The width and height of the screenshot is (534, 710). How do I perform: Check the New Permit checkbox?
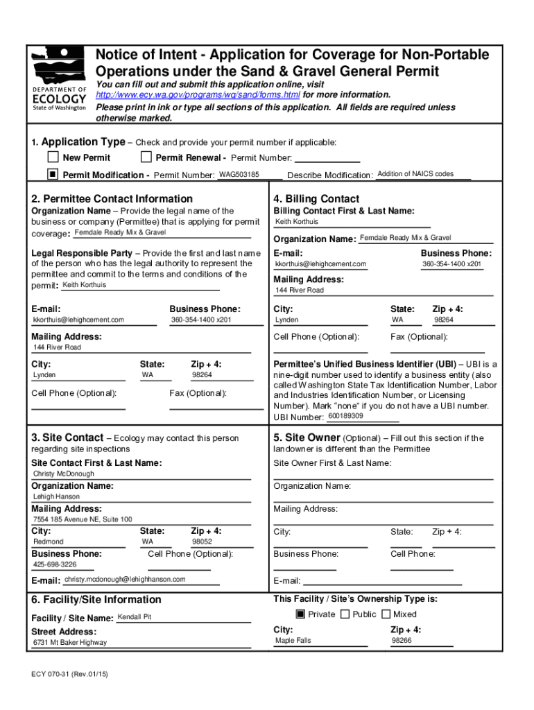click(x=53, y=157)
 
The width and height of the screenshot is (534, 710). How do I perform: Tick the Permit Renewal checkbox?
click(x=146, y=157)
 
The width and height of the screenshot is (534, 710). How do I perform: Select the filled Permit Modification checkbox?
click(x=53, y=174)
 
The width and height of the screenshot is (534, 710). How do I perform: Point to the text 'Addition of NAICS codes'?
click(x=415, y=174)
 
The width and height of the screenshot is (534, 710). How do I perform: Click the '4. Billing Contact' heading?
click(x=316, y=199)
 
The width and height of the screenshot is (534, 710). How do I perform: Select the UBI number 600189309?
click(x=345, y=416)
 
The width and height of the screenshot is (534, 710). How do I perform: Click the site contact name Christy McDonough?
click(x=64, y=474)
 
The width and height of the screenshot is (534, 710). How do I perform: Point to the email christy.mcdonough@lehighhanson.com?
click(x=125, y=580)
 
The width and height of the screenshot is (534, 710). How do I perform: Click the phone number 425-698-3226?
click(x=55, y=564)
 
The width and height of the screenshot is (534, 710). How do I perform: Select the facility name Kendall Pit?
click(x=135, y=617)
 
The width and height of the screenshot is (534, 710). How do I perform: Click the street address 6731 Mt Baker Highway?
click(x=70, y=643)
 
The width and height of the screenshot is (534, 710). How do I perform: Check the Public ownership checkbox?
click(x=345, y=614)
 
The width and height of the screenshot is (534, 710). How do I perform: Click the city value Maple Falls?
click(x=293, y=641)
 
